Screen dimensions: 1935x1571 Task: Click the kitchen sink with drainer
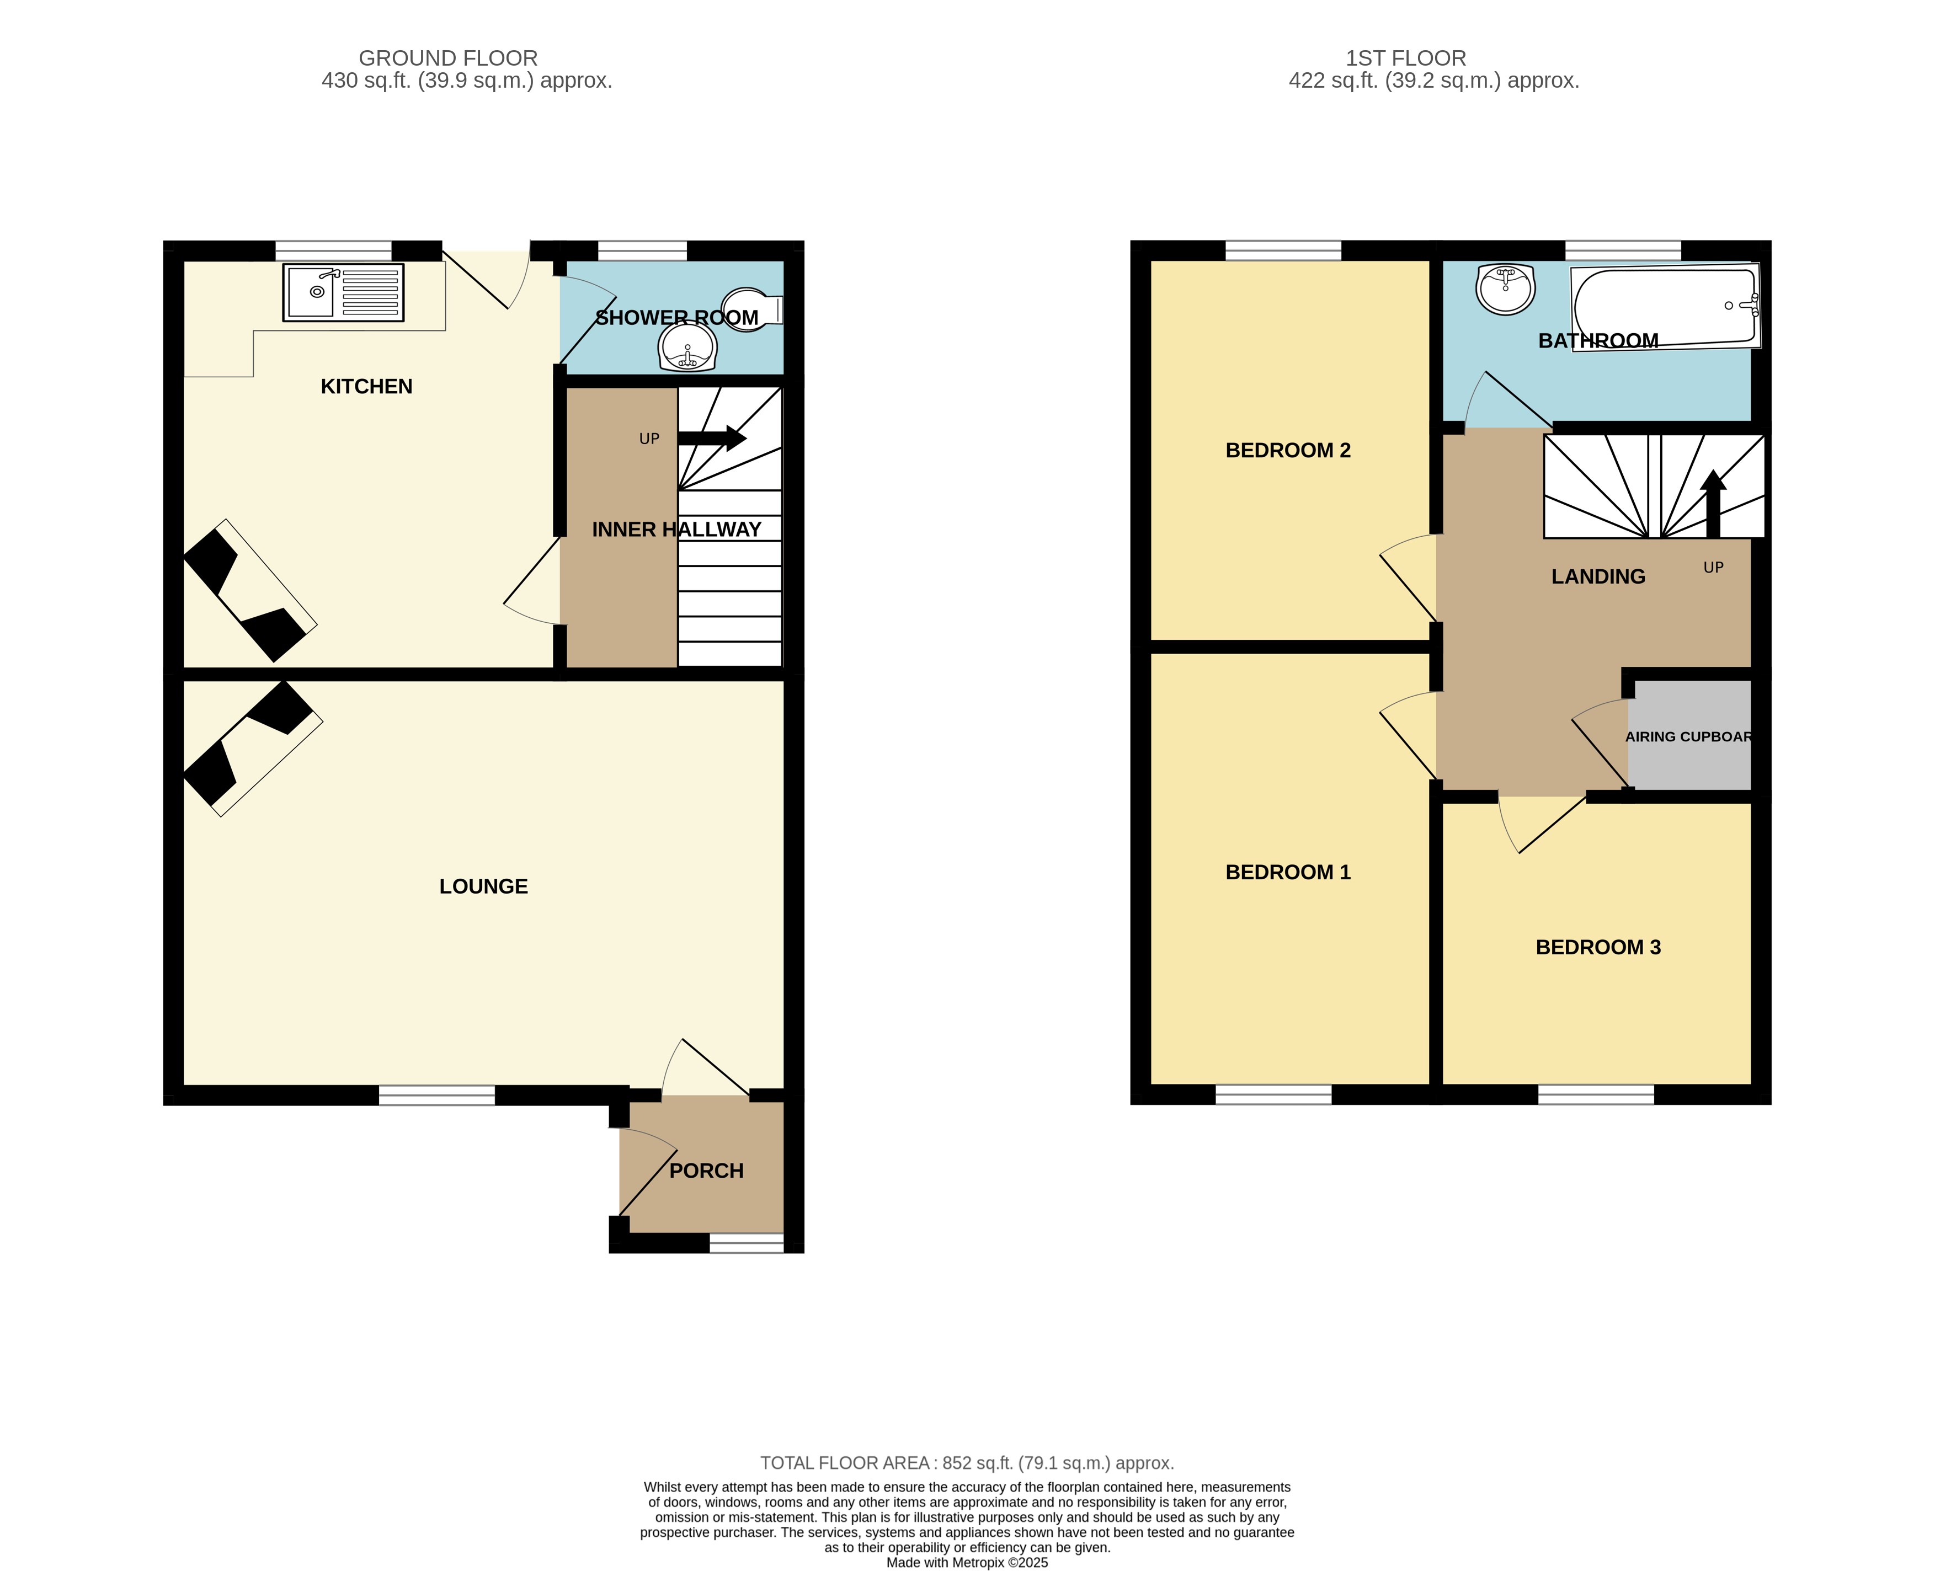click(x=343, y=292)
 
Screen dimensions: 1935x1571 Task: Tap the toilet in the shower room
click(x=752, y=309)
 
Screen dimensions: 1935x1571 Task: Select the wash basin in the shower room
click(x=688, y=346)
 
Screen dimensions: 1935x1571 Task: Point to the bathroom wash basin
click(x=1505, y=288)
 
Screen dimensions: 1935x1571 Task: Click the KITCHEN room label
click(x=366, y=387)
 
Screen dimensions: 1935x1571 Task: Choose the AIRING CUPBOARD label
click(x=1689, y=736)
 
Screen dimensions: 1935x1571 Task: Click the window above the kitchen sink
click(x=333, y=250)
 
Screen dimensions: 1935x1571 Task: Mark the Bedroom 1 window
click(x=1273, y=1094)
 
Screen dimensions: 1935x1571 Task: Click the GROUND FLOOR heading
click(x=448, y=58)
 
